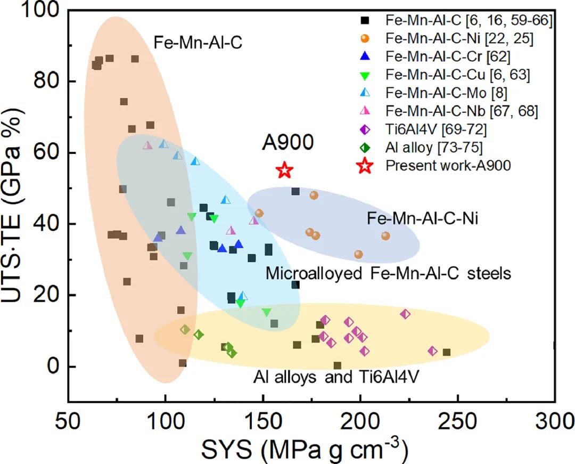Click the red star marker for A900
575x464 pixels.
click(285, 170)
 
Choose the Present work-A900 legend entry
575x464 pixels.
click(448, 166)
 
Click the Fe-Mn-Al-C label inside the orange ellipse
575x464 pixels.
click(198, 43)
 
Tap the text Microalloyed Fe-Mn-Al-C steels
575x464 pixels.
click(388, 273)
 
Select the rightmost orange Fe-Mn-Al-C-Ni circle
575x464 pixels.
click(385, 236)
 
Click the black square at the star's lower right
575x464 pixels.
click(295, 191)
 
